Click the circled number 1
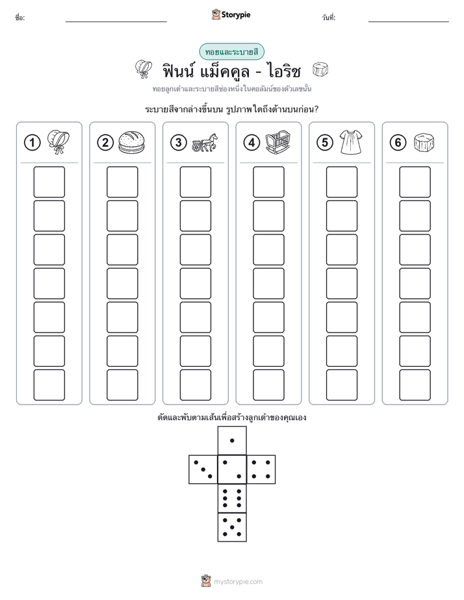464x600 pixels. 32,143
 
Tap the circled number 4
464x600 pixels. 251,143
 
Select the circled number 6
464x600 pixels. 398,143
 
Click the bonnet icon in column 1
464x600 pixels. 58,142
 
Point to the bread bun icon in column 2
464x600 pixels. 132,142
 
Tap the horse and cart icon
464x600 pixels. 205,143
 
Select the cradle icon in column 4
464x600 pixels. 278,142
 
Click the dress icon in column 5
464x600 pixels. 351,142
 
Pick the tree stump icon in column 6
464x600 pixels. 424,142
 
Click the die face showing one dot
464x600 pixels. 232,440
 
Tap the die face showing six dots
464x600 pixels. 232,498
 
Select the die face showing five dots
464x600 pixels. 232,527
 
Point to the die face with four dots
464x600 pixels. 261,469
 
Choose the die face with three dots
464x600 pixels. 203,469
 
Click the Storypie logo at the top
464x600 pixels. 231,14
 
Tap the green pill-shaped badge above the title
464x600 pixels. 231,52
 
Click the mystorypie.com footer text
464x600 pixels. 238,582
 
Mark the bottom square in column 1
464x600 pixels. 49,385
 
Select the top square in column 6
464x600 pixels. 415,182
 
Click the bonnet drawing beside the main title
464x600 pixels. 144,69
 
